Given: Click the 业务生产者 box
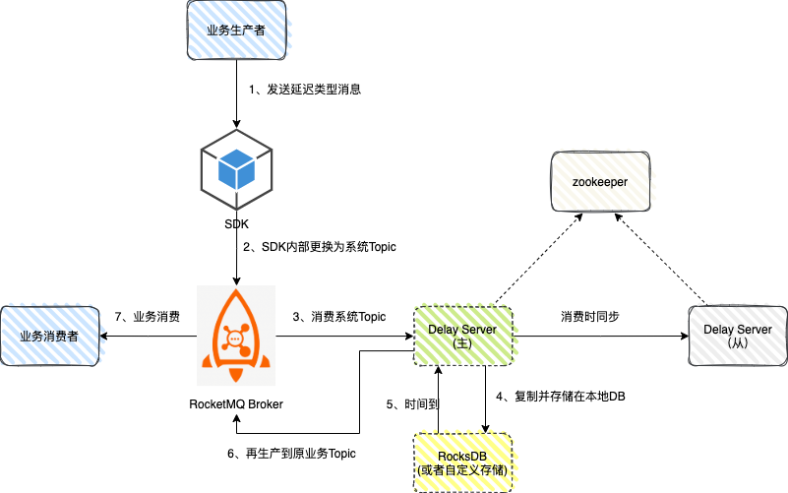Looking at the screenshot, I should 235,31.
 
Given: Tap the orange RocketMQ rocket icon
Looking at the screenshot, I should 236,336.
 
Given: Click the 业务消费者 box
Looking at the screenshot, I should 48,336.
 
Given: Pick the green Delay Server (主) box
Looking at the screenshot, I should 462,336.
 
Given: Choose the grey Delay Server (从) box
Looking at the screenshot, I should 738,336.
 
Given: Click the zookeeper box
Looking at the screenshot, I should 600,182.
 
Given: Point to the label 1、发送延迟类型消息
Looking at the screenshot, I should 305,90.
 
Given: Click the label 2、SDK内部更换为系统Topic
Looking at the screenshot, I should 320,247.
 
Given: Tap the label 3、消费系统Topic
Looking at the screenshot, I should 338,317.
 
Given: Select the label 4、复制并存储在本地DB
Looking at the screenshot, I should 561,397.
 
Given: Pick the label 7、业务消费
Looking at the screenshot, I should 148,317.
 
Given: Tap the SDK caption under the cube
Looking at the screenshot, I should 236,224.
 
